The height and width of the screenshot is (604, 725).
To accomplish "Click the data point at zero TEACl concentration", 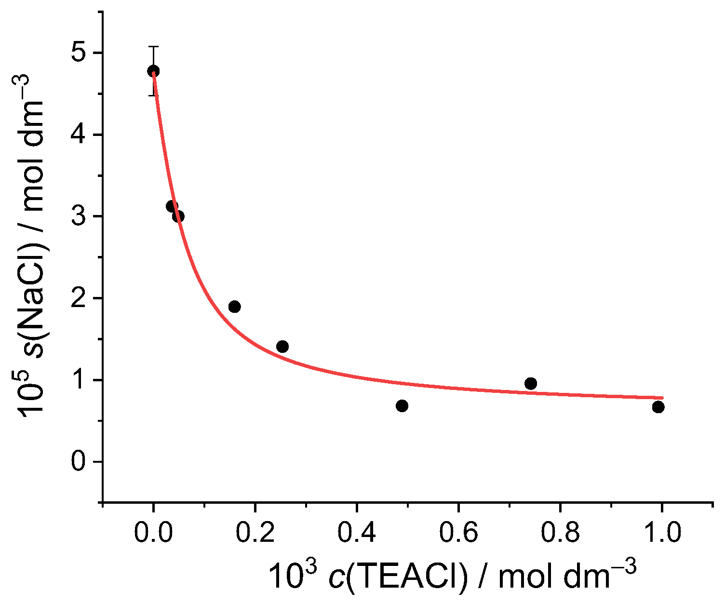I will point(153,71).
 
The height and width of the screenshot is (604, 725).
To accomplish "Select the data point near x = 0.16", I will point(235,307).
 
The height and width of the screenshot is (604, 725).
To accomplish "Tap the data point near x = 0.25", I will point(282,347).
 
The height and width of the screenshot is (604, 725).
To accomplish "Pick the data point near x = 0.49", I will point(402,406).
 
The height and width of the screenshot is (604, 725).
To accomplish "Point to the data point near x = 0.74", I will point(531,384).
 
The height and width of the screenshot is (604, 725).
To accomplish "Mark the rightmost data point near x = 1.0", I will point(658,407).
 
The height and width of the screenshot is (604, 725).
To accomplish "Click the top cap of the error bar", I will point(153,47).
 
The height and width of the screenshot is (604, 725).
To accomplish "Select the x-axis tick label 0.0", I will point(153,533).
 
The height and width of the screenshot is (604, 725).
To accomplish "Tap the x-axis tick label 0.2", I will point(255,533).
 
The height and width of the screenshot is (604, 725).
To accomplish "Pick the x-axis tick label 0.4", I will point(357,533).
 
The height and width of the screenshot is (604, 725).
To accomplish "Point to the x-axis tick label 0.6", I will point(458,533).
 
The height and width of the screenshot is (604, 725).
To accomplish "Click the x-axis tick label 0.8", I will point(560,533).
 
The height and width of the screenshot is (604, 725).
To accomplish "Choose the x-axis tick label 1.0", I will point(662,533).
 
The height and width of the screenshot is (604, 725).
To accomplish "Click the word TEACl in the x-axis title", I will point(406,577).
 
